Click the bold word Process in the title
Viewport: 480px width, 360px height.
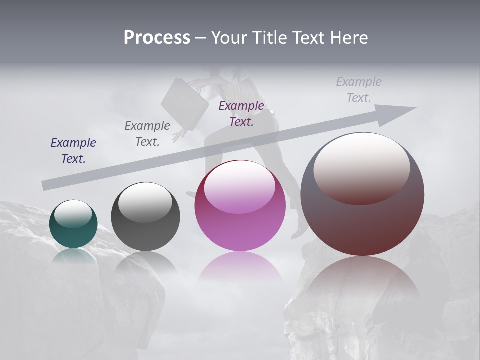(157, 38)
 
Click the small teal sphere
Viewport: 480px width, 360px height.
(73, 224)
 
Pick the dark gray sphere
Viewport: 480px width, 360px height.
(145, 217)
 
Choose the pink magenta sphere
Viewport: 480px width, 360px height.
(240, 206)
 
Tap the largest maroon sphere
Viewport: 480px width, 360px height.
(362, 195)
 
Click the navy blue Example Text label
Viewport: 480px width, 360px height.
(73, 151)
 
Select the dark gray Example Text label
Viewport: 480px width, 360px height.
(147, 134)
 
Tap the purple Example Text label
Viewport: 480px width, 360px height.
(241, 113)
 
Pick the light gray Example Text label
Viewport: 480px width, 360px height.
(359, 90)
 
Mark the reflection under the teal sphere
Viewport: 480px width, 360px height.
(73, 255)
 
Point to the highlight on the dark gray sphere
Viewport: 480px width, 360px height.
(145, 203)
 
